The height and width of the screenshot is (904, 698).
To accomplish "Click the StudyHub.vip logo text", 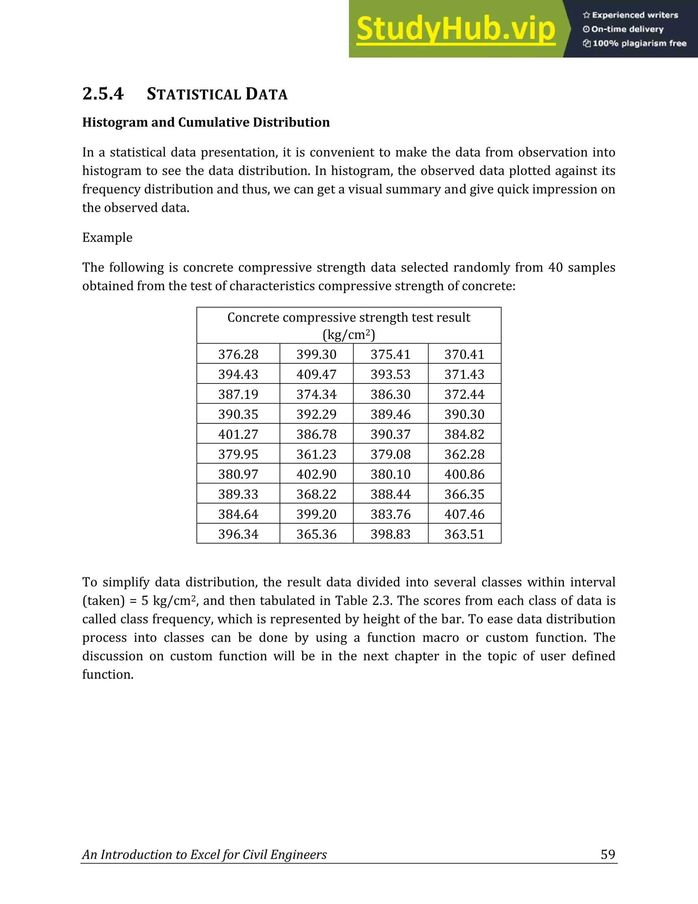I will click(x=456, y=29).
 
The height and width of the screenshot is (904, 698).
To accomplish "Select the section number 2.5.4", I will click(x=103, y=94).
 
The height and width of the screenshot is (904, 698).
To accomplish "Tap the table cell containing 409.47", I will click(x=316, y=374).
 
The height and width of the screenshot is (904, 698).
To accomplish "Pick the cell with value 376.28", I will click(x=238, y=354).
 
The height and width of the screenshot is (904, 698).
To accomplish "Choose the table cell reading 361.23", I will click(x=316, y=454).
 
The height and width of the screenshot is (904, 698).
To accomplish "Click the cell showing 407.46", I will click(x=465, y=514).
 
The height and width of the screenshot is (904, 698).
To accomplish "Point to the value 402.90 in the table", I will click(x=316, y=474).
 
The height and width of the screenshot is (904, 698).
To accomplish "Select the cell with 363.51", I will click(x=465, y=534).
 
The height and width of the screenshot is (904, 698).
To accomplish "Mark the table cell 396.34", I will click(x=238, y=534).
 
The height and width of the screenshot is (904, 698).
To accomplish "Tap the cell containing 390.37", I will click(x=390, y=434).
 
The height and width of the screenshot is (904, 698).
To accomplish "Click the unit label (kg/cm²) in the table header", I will click(x=349, y=334).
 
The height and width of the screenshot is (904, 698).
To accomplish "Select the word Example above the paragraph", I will click(x=107, y=237).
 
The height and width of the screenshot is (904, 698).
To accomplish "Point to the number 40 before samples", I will click(x=556, y=267).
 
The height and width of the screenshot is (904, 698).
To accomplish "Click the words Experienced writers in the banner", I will click(x=635, y=15).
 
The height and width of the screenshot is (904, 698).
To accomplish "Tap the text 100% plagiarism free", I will click(x=639, y=43).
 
